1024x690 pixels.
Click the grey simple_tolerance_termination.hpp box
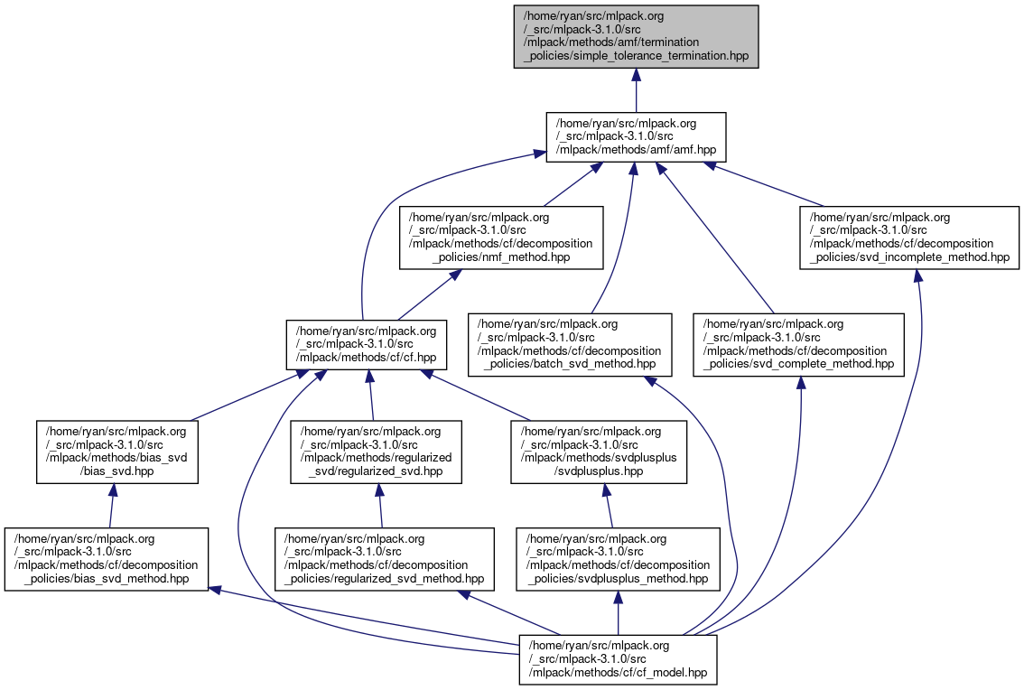tap(636, 36)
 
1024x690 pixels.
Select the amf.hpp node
tap(636, 137)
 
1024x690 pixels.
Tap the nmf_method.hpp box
tap(501, 238)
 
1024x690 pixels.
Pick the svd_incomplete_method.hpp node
tap(909, 238)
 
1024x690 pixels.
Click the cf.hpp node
tap(367, 344)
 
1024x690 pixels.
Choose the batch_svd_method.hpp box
tap(570, 344)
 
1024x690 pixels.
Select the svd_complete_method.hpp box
tap(798, 344)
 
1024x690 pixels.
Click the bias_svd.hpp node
tap(116, 452)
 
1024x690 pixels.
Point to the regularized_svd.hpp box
tap(377, 452)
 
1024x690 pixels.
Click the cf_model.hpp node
tap(618, 657)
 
